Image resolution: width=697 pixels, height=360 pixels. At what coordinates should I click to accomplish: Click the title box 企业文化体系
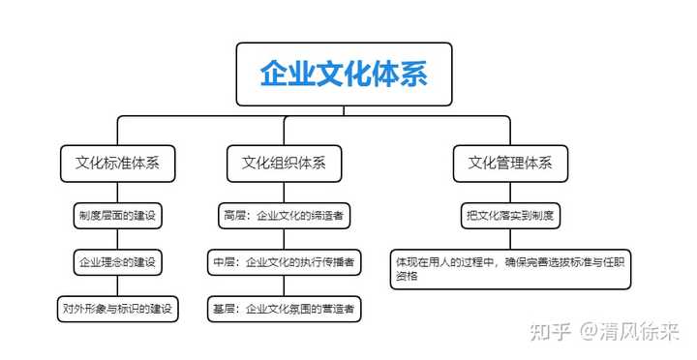[344, 74]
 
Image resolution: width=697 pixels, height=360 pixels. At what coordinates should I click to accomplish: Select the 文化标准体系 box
[117, 163]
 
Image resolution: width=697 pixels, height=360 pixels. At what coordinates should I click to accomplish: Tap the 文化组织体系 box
[284, 163]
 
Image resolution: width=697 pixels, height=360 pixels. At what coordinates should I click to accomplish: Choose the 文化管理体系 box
[510, 163]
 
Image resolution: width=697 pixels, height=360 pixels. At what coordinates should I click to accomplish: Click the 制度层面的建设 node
[117, 215]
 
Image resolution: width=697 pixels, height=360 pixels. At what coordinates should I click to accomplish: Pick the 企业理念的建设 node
[117, 261]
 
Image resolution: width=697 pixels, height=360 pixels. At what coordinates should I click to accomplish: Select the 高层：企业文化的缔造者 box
[280, 215]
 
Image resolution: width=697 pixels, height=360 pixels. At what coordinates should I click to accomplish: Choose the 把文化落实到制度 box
[510, 215]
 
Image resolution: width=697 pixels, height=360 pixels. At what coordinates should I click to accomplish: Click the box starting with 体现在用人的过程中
[511, 268]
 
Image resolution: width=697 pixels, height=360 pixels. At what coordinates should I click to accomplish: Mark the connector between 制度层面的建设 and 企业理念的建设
[117, 238]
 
